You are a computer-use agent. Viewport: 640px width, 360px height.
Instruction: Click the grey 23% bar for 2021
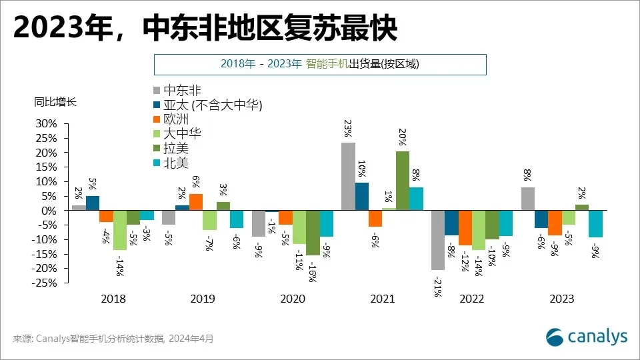tap(348, 177)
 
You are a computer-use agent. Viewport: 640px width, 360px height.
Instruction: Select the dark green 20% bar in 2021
tap(403, 181)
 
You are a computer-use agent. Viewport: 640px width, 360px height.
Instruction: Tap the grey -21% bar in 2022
tap(438, 240)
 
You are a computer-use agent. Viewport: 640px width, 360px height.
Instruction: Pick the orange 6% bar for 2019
tap(196, 202)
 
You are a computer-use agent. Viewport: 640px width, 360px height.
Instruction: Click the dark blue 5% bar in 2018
tap(93, 203)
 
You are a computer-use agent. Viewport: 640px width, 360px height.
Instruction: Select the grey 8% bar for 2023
tap(527, 199)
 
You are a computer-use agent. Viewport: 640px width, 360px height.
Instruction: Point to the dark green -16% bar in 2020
tap(313, 233)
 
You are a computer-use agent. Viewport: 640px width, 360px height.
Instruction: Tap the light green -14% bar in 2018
tap(120, 230)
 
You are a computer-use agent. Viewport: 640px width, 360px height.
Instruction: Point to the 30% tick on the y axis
tap(47, 124)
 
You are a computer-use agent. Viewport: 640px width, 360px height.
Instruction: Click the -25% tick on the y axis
tap(45, 283)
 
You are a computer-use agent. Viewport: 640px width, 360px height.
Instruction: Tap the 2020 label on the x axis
tap(293, 299)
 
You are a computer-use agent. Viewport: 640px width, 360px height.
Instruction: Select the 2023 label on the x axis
tap(561, 299)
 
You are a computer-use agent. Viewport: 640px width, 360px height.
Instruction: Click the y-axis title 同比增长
tap(55, 103)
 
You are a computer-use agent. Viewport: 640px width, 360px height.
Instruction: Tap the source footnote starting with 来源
tap(113, 339)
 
